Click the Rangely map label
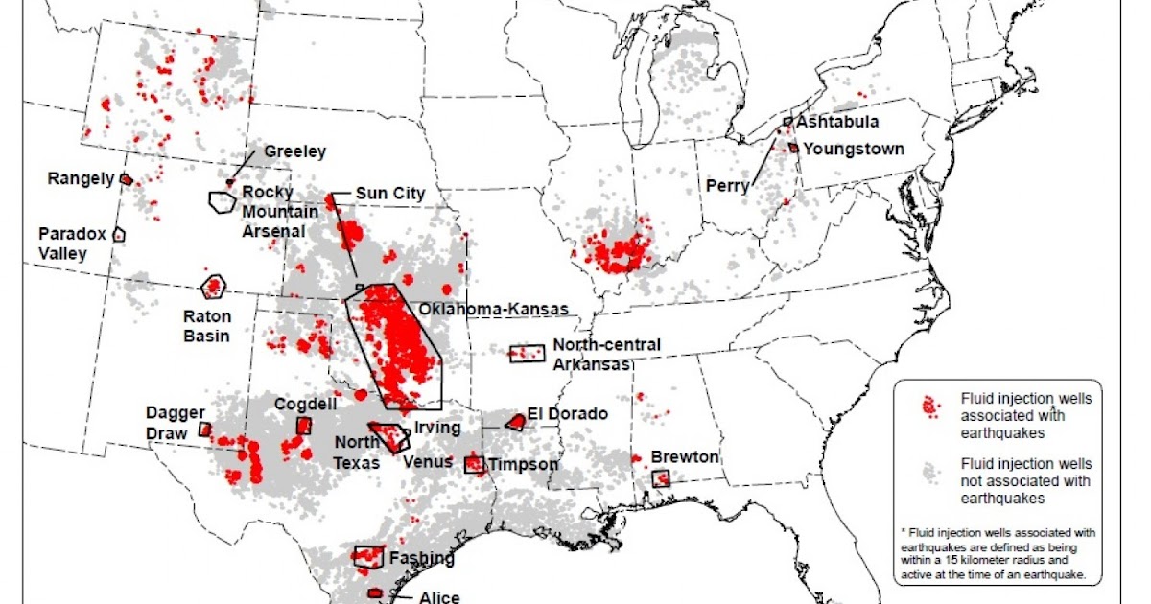tap(81, 178)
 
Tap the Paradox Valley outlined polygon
tap(119, 233)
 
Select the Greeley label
tap(295, 151)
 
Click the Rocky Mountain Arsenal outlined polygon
tap(223, 201)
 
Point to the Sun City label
tap(389, 193)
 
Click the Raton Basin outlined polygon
tap(213, 285)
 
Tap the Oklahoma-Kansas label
tap(494, 310)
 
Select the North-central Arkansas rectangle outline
tap(526, 354)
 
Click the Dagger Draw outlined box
tap(204, 430)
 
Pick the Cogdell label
tap(305, 405)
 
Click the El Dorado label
tap(567, 414)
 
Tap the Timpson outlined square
tap(474, 465)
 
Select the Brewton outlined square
tap(661, 478)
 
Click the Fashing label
tap(422, 557)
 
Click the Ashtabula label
tap(837, 123)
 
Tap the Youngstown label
tap(854, 149)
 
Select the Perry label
tap(727, 185)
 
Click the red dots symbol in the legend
tap(929, 407)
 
